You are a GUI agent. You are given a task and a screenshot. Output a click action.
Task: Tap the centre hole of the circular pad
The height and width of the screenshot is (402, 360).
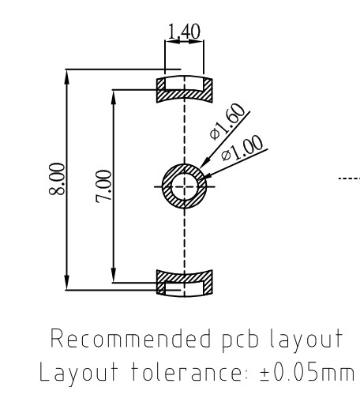point(185,185)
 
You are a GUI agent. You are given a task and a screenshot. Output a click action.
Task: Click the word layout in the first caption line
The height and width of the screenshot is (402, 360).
point(274,340)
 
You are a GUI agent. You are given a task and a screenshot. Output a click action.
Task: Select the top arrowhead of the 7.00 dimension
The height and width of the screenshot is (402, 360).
point(114,94)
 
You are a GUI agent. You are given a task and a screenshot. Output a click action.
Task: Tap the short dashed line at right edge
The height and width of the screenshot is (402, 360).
point(350,179)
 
